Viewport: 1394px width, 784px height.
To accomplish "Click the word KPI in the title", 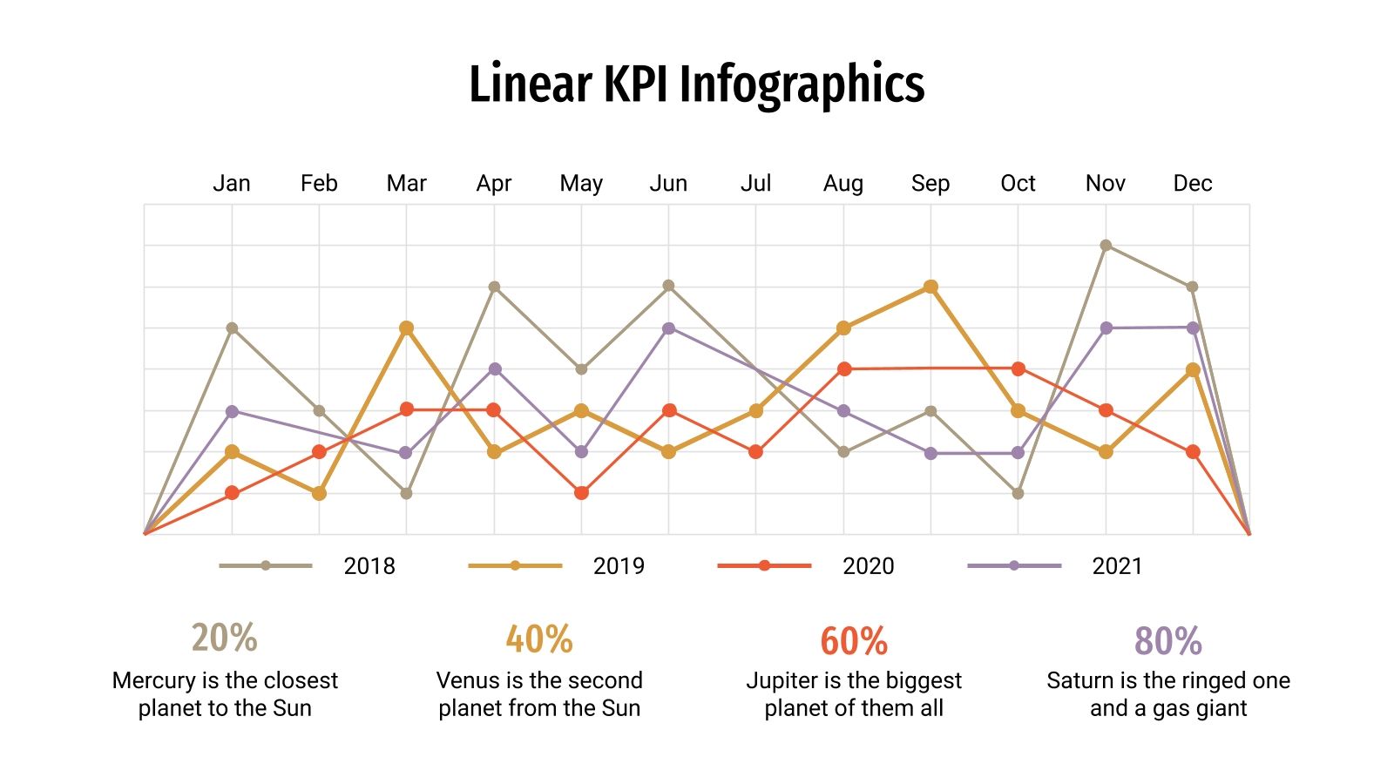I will [638, 84].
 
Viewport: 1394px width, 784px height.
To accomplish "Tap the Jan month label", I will [232, 184].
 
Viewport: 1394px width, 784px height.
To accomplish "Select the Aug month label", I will [842, 184].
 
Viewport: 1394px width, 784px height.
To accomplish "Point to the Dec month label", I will [1192, 184].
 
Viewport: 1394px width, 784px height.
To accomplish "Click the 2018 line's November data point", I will [1106, 246].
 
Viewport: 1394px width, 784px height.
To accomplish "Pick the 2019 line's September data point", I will [930, 287].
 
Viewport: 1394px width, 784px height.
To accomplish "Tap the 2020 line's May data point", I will [581, 493].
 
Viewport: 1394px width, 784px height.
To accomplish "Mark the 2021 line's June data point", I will [668, 328].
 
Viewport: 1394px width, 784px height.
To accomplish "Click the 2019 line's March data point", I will [406, 328].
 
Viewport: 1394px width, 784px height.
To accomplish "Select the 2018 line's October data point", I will [1018, 493].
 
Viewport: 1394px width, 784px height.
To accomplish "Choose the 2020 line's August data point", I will [843, 369].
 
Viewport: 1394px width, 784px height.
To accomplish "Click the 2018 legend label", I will [369, 566].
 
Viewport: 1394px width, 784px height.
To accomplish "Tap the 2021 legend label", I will [1117, 566].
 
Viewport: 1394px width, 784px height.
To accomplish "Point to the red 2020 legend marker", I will [764, 566].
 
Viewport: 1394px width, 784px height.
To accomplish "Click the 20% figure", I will [225, 638].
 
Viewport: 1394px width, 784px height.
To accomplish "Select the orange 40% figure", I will [539, 639].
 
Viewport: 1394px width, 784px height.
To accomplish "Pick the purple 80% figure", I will [1167, 641].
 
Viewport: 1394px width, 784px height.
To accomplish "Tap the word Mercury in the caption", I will [153, 680].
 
